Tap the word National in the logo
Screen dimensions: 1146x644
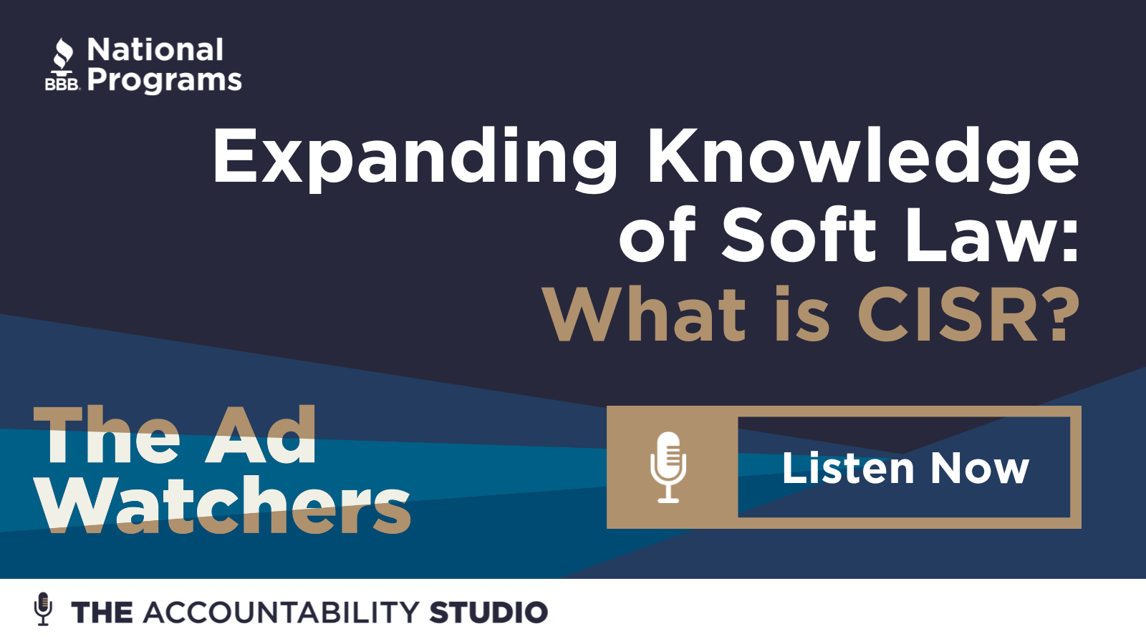(x=155, y=49)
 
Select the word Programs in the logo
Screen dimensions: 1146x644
(x=164, y=81)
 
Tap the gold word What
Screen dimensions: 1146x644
(x=645, y=314)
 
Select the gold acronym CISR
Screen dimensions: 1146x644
(x=948, y=314)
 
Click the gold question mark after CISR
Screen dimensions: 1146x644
(x=1062, y=314)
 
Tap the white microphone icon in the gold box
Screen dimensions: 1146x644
(x=668, y=467)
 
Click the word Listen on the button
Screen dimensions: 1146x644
(x=848, y=468)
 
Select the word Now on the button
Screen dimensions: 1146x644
(x=980, y=468)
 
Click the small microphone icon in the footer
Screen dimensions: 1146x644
(x=43, y=609)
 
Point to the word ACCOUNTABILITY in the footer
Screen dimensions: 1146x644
(x=281, y=613)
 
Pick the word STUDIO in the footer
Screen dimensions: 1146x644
(x=488, y=613)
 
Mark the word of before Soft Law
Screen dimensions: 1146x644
(x=658, y=235)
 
